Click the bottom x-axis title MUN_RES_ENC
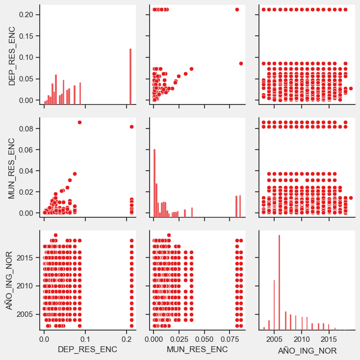tap(197, 349)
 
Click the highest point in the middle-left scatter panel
tap(79, 122)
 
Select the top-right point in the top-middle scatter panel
tap(237, 9)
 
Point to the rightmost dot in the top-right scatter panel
tap(351, 88)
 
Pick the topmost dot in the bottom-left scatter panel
tap(55, 235)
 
